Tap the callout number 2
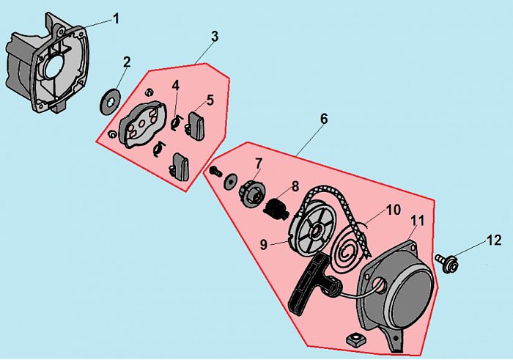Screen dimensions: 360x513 (x=127, y=63)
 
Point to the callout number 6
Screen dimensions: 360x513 (x=324, y=119)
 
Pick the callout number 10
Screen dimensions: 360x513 (x=394, y=210)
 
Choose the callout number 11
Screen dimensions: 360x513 (x=417, y=221)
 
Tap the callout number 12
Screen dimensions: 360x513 (x=492, y=240)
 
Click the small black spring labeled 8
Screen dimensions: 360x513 (x=275, y=207)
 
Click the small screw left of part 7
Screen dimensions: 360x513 (x=215, y=172)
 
